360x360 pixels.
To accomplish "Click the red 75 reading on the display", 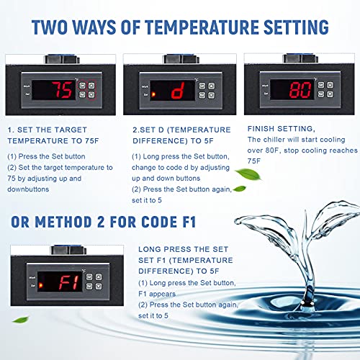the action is [62, 90].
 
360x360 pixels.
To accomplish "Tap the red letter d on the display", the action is [178, 91].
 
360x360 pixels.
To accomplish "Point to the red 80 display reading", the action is [300, 90].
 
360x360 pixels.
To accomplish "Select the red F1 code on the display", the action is [69, 282].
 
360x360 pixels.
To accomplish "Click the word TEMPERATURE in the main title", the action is [202, 27].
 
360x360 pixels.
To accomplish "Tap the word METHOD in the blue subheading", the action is [63, 222].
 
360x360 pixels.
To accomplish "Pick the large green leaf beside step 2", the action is [248, 174].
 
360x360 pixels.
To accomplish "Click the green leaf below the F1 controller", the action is [21, 320].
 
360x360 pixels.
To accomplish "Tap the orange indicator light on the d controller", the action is [153, 94].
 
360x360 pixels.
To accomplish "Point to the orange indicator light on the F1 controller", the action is [40, 285].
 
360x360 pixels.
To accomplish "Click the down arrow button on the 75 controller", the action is [91, 95].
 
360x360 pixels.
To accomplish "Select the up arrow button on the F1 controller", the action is [99, 277].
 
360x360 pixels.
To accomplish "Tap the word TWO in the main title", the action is [50, 27].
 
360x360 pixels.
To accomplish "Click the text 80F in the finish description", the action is [273, 150].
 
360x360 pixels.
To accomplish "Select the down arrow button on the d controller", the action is [211, 95].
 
